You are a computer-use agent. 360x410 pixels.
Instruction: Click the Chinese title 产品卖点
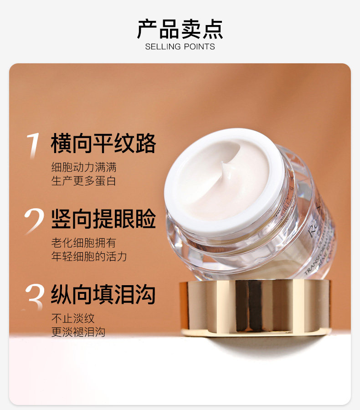[x=180, y=29]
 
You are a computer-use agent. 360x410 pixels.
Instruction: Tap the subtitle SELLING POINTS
[x=180, y=46]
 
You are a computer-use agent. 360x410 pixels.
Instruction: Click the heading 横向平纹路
[x=103, y=143]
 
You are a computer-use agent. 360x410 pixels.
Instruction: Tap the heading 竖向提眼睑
[x=103, y=219]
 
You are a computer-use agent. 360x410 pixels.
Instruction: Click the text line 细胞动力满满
[x=84, y=167]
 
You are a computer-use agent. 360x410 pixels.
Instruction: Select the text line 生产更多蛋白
[x=84, y=181]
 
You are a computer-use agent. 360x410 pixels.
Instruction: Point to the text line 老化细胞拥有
[x=84, y=242]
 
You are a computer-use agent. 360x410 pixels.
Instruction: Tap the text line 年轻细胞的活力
[x=89, y=256]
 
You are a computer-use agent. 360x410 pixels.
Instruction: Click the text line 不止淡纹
[x=73, y=318]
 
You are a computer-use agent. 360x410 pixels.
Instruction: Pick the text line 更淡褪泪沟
[x=78, y=332]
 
